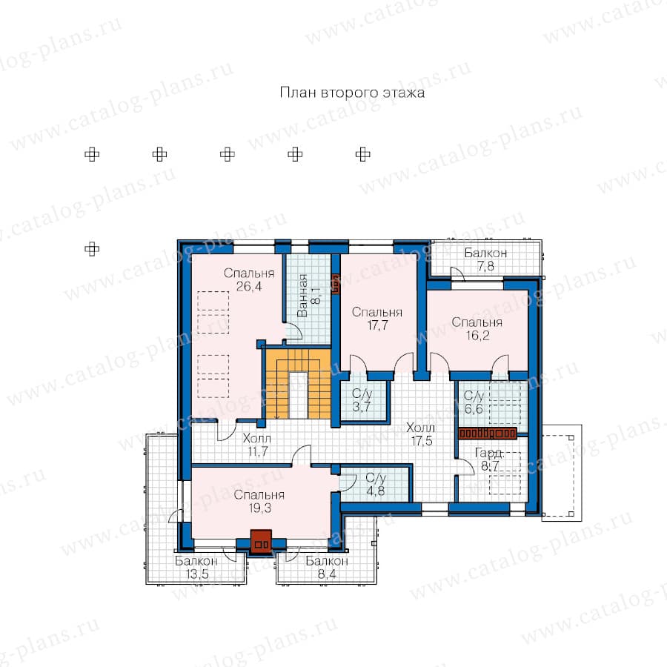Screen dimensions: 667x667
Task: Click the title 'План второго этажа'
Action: click(x=352, y=93)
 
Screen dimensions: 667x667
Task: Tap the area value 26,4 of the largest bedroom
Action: click(x=249, y=286)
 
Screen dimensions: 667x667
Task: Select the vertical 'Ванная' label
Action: click(x=302, y=296)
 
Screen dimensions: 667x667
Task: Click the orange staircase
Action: click(x=298, y=384)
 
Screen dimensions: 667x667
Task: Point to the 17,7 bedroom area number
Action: click(x=377, y=325)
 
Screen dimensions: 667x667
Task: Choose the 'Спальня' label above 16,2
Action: click(x=477, y=322)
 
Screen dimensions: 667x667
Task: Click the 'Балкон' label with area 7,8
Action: click(x=485, y=253)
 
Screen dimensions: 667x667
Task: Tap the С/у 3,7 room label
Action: click(x=362, y=400)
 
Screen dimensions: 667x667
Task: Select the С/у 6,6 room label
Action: click(x=474, y=402)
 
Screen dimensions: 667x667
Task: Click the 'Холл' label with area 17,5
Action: click(x=421, y=428)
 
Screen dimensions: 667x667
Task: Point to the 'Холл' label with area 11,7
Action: click(x=257, y=438)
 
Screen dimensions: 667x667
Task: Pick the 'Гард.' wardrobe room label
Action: click(x=489, y=453)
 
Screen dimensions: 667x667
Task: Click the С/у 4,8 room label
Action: click(x=375, y=485)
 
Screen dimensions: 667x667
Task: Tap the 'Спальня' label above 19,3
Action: click(x=259, y=495)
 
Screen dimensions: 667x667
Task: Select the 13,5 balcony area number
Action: click(x=197, y=574)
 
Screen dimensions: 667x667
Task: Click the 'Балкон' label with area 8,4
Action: click(x=327, y=561)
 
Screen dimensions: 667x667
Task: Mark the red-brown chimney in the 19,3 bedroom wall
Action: click(x=261, y=542)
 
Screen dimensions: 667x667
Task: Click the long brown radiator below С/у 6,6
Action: click(x=488, y=434)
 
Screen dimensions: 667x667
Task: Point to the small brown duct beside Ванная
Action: click(x=335, y=284)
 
